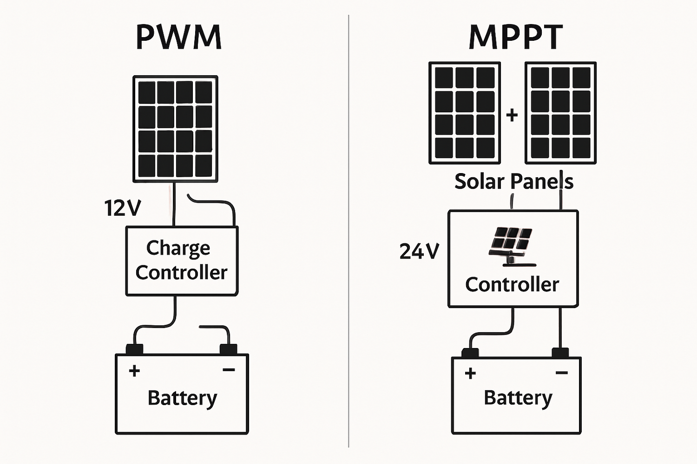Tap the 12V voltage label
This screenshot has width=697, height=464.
[x=122, y=208]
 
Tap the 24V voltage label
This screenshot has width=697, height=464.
[x=419, y=251]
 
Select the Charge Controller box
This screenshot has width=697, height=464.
[x=182, y=261]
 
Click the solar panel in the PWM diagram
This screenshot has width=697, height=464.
[x=175, y=129]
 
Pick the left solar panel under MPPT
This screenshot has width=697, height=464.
[x=465, y=113]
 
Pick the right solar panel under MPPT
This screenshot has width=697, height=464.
[x=560, y=113]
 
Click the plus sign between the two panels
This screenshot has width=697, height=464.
[x=512, y=115]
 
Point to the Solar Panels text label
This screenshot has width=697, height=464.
[x=513, y=181]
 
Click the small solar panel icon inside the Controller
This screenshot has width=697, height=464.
[x=511, y=246]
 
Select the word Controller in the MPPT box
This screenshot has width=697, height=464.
[x=512, y=284]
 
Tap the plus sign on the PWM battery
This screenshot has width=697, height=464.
[x=134, y=371]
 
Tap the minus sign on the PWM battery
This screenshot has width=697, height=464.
[x=229, y=370]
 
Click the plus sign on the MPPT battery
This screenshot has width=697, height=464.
[x=470, y=373]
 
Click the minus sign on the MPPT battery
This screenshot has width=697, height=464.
[x=562, y=373]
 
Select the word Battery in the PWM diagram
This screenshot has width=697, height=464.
[x=182, y=398]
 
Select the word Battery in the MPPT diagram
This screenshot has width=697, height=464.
[x=518, y=398]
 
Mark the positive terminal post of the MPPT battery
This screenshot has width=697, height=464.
[x=470, y=353]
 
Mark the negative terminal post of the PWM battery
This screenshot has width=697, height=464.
[x=228, y=349]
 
